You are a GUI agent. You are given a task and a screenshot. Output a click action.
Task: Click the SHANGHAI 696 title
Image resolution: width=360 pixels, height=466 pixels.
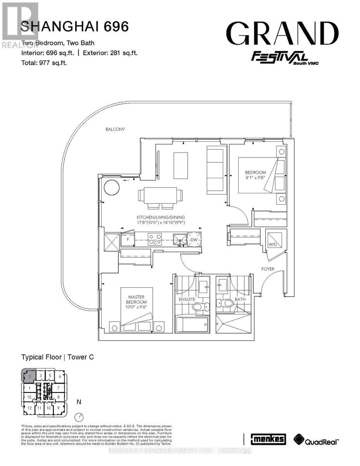tap(74, 27)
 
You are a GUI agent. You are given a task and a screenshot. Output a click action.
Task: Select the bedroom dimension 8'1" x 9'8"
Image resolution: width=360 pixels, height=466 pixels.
tap(255, 178)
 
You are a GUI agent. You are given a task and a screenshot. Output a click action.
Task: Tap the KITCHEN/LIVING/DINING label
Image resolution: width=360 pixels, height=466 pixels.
tap(160, 217)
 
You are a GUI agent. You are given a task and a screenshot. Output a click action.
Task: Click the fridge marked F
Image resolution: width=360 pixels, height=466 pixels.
tap(127, 240)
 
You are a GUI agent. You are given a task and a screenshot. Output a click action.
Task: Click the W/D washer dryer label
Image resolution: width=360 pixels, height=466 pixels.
tap(273, 244)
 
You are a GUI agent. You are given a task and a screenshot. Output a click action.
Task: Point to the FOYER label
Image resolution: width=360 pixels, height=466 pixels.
tap(268, 269)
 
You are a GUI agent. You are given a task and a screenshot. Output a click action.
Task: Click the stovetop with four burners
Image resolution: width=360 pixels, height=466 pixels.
tap(155, 239)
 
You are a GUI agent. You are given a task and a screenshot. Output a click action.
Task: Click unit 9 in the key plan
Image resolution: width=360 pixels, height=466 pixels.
tap(59, 408)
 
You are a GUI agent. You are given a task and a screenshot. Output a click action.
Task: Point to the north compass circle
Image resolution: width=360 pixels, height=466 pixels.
tap(80, 417)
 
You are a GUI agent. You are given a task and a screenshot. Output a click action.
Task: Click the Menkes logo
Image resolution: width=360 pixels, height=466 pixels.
tap(268, 439)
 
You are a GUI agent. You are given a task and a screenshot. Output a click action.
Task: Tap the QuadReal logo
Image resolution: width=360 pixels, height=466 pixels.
tap(316, 440)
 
